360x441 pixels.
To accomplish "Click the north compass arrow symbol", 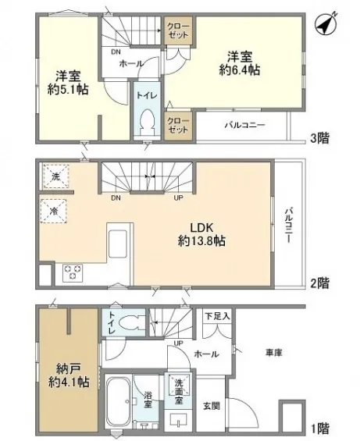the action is [326, 23].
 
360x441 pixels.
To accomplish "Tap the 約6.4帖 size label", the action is [240, 70].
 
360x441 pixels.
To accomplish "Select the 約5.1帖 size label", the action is [68, 90].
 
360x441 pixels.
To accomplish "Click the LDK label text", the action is [201, 228].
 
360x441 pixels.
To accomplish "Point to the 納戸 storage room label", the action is [69, 368].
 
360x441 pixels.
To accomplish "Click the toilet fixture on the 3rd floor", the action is [147, 123].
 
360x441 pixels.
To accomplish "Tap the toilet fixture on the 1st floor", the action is [132, 322].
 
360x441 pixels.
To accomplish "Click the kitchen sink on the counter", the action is [117, 244].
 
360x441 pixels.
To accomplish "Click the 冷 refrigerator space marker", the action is [53, 212].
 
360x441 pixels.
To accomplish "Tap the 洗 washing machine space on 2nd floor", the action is [55, 176].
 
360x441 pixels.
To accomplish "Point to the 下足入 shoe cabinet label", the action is [217, 316].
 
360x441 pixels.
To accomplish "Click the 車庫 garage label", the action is [274, 353].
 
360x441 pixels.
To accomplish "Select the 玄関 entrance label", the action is [212, 406].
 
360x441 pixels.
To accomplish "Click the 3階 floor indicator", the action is [319, 138].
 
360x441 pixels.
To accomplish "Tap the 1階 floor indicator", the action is [319, 429].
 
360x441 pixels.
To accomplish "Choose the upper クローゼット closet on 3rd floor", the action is [179, 30].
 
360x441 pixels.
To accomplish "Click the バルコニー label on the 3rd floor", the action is [244, 125].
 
